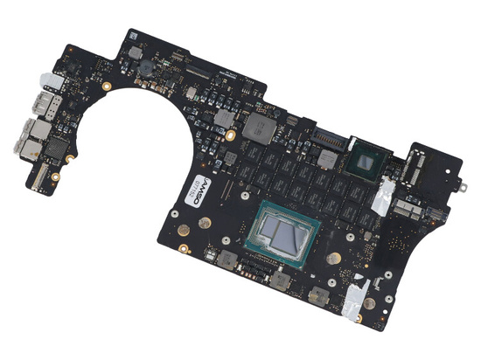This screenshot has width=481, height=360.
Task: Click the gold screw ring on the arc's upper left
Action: (107, 87)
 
